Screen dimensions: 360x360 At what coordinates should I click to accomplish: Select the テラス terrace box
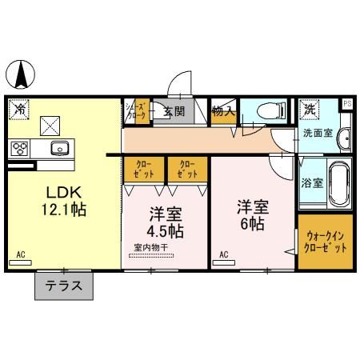point(63,286)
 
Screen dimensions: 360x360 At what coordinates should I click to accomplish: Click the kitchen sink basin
point(59,147)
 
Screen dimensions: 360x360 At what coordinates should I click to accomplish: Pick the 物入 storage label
point(223,112)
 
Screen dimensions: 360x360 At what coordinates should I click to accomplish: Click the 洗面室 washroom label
point(317,133)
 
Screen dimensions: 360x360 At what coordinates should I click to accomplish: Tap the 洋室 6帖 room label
point(251,214)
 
